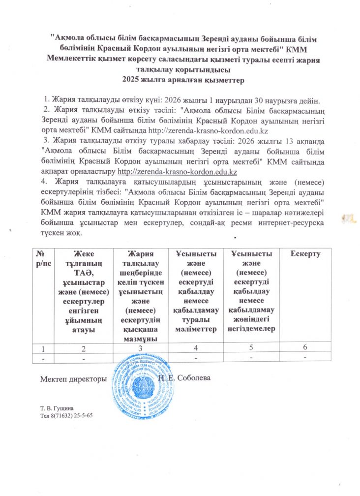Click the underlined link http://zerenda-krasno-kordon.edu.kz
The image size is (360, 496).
(179, 172)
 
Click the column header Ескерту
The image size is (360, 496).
(305, 254)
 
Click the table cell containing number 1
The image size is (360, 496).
(43, 348)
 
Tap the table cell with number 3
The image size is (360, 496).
(140, 348)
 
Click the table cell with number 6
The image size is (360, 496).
(305, 348)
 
